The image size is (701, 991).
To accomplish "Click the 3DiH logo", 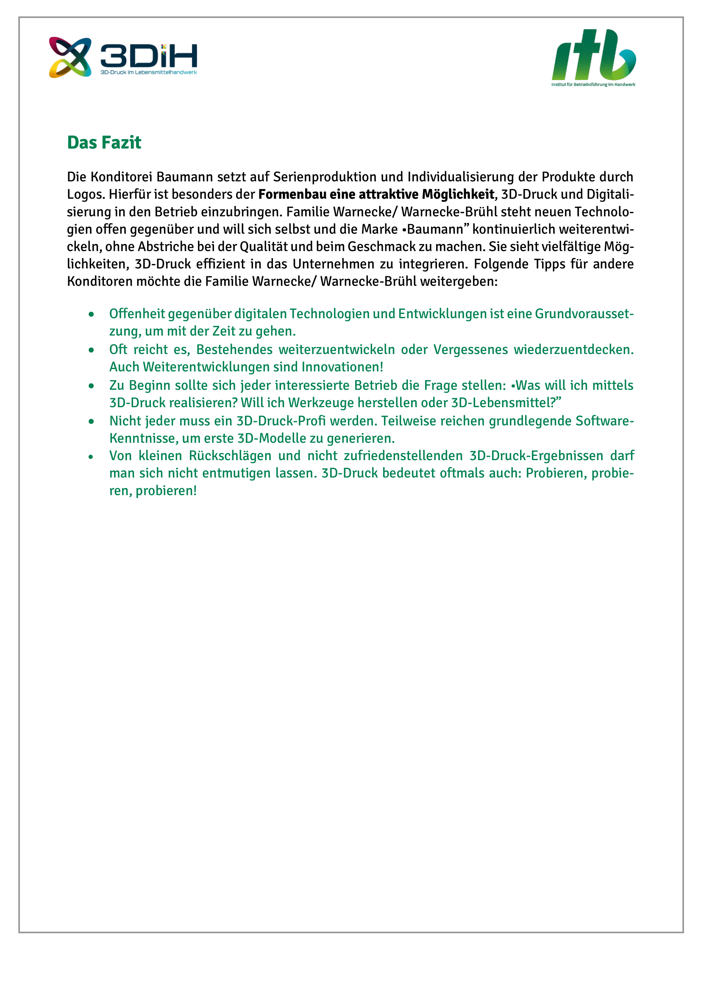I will [x=123, y=57].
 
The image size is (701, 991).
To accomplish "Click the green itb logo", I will [x=593, y=55].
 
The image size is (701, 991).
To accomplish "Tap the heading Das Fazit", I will [x=104, y=143].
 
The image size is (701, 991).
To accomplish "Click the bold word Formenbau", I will [x=292, y=194].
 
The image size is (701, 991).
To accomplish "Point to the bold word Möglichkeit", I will [x=458, y=194].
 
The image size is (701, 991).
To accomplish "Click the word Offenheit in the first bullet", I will [x=137, y=314].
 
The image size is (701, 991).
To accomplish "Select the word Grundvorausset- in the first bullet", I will [x=584, y=314].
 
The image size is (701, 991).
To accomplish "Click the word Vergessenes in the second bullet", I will [x=470, y=350].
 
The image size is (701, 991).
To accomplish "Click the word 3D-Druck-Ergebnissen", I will [x=536, y=456].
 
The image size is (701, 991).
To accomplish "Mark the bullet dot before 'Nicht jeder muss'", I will [x=91, y=421].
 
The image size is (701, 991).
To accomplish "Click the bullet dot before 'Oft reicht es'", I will [x=91, y=350].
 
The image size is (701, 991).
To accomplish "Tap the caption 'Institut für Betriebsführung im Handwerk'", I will [x=593, y=85].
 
